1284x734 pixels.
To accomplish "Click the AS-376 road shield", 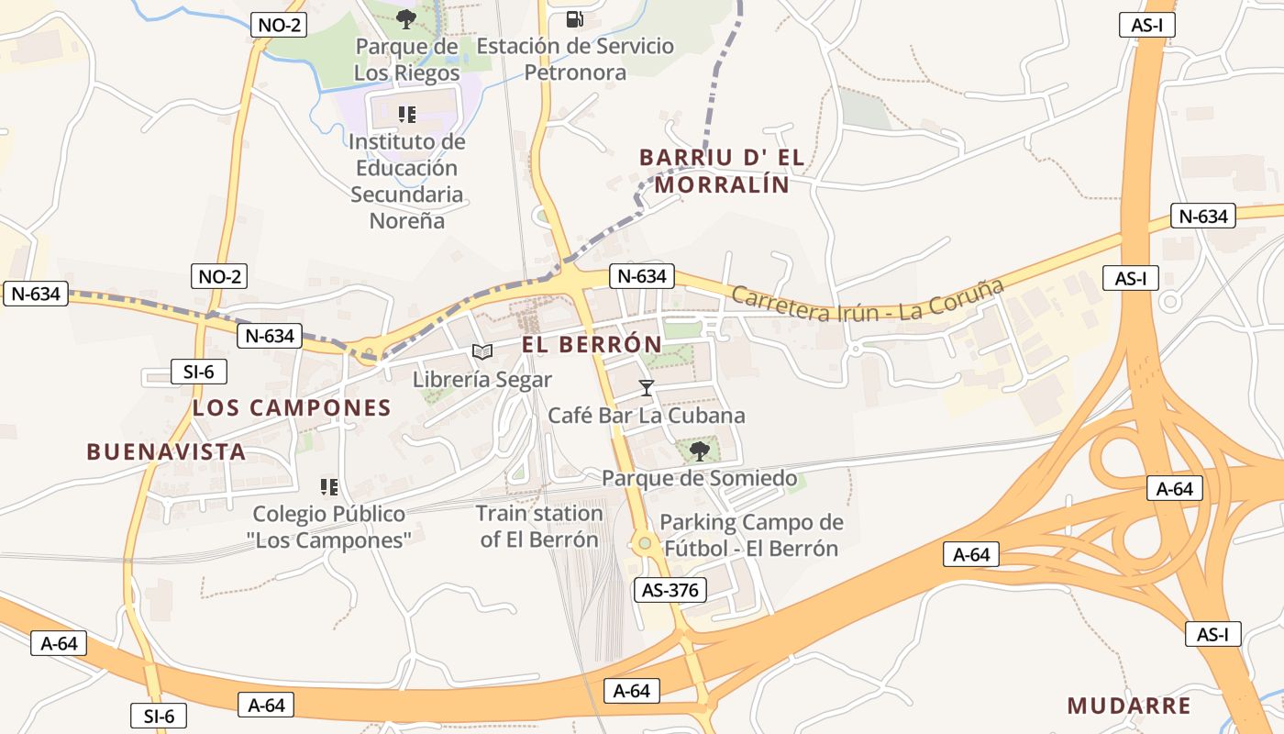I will [670, 590].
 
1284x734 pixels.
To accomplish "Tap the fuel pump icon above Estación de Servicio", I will [575, 18].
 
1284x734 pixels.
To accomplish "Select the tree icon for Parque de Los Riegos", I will [406, 18].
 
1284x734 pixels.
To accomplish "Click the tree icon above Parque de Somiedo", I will [699, 450].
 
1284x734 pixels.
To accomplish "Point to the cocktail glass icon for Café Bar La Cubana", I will [647, 388].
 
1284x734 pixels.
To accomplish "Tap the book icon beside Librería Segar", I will [482, 351].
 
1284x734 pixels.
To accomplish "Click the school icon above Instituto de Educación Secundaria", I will [407, 115].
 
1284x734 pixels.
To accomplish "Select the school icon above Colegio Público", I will [329, 486].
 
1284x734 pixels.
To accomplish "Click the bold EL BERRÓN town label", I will [592, 345].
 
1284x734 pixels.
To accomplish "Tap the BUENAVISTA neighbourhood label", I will [166, 451].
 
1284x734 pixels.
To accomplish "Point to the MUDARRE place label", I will [1129, 706].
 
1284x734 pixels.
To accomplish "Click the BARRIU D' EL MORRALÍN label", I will [722, 171].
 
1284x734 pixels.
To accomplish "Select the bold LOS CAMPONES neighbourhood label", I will [292, 408].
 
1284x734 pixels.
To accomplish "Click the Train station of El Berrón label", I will [539, 526].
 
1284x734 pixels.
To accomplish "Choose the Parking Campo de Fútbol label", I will [751, 535].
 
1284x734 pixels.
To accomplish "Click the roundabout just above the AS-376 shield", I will [645, 544].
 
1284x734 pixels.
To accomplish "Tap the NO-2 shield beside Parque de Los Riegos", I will [279, 25].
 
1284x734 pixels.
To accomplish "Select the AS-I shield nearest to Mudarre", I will [1212, 633].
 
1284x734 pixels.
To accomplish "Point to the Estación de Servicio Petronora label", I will [575, 59].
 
